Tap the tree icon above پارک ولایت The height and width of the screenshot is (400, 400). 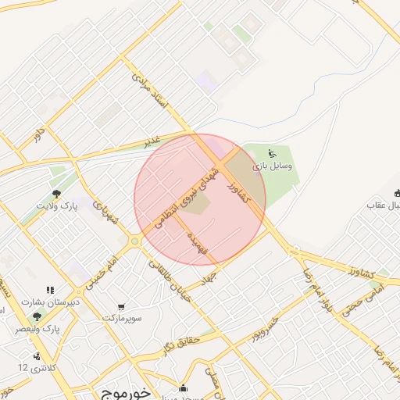tap(55, 193)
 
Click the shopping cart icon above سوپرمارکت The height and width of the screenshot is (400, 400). tap(121, 307)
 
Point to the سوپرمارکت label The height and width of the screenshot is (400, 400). tap(122, 319)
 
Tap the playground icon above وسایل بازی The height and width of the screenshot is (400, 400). tap(271, 153)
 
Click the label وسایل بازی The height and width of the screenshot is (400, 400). tap(272, 166)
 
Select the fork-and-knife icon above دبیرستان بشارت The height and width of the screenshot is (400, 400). tap(51, 290)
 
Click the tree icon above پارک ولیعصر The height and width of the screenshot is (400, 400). tap(36, 316)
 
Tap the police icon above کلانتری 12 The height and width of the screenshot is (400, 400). tap(37, 355)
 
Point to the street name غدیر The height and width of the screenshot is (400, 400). tap(152, 141)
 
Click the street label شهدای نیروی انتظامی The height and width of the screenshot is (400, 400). tap(185, 193)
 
